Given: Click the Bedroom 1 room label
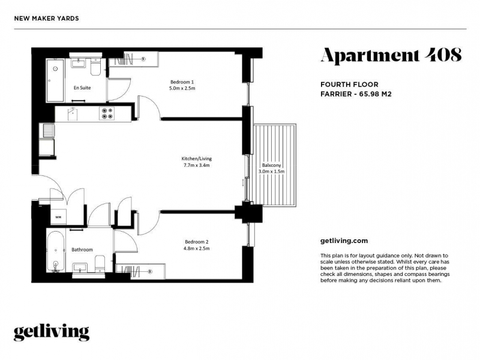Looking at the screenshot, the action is coord(182,82).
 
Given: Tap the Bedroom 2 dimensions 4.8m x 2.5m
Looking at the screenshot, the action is coord(197,248).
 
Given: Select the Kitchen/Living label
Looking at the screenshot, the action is coord(197,158).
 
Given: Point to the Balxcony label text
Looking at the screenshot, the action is coord(272,165).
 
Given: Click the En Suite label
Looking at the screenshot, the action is coord(82,88).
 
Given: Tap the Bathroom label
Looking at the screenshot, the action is coord(82,250).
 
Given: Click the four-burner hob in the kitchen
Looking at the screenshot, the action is coord(107,113).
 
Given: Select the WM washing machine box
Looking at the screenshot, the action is coord(58,217).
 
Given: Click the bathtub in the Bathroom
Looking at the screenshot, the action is coord(56,251).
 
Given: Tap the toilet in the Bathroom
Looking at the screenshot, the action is coord(100,264).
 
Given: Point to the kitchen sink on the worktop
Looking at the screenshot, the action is coord(73,114).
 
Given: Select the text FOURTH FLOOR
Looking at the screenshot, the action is coord(349,85).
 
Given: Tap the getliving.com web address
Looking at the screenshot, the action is coord(344,241).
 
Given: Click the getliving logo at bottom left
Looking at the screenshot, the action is coord(52,332).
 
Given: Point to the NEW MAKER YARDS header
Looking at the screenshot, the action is coord(47,19).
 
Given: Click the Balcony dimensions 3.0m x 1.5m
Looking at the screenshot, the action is coord(272,172).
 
